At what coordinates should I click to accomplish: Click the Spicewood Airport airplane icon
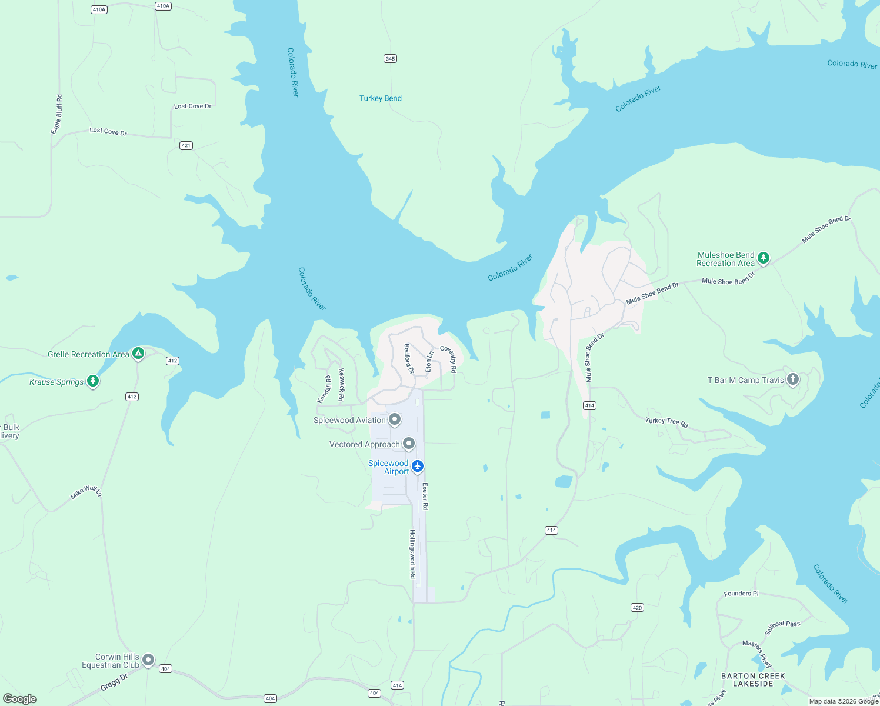[418, 466]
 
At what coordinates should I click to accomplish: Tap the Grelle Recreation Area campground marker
[138, 353]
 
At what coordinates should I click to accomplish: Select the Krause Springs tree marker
[93, 381]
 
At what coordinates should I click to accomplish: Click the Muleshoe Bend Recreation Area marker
[763, 258]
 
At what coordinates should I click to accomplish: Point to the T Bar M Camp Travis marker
[793, 379]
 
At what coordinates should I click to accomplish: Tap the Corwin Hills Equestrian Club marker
[148, 660]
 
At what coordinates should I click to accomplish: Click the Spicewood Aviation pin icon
[395, 419]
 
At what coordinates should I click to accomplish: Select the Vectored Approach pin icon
[409, 444]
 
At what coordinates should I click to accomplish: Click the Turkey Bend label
[381, 98]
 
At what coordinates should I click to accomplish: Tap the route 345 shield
[390, 58]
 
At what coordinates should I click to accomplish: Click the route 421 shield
[186, 145]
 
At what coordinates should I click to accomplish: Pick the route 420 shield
[637, 607]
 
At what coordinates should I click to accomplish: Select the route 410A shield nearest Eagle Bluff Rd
[99, 9]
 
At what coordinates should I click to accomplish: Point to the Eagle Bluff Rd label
[56, 114]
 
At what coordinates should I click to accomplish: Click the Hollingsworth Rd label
[412, 554]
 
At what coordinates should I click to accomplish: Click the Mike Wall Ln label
[86, 492]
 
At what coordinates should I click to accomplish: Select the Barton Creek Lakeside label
[753, 680]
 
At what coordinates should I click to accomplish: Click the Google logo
[20, 698]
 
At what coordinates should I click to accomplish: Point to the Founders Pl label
[741, 593]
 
